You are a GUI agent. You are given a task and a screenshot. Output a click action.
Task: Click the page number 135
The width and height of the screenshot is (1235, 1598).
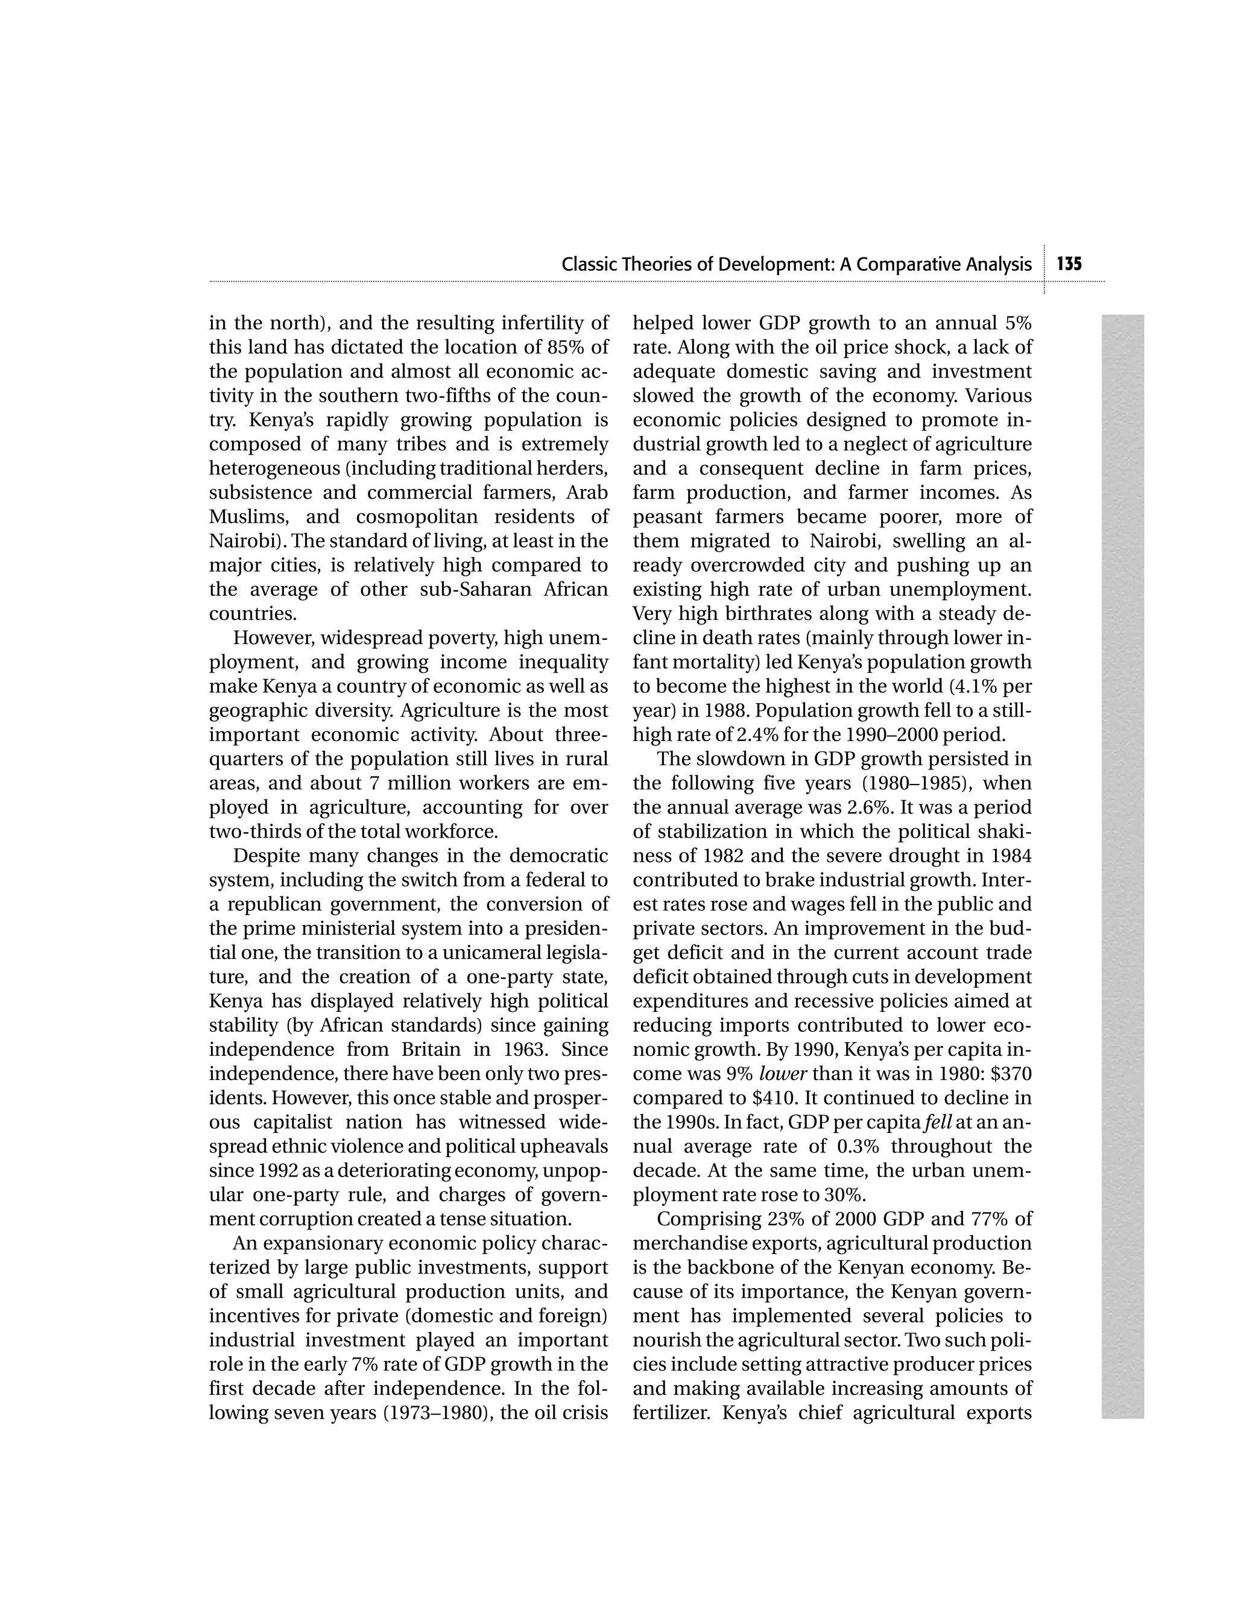[x=1069, y=264]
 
